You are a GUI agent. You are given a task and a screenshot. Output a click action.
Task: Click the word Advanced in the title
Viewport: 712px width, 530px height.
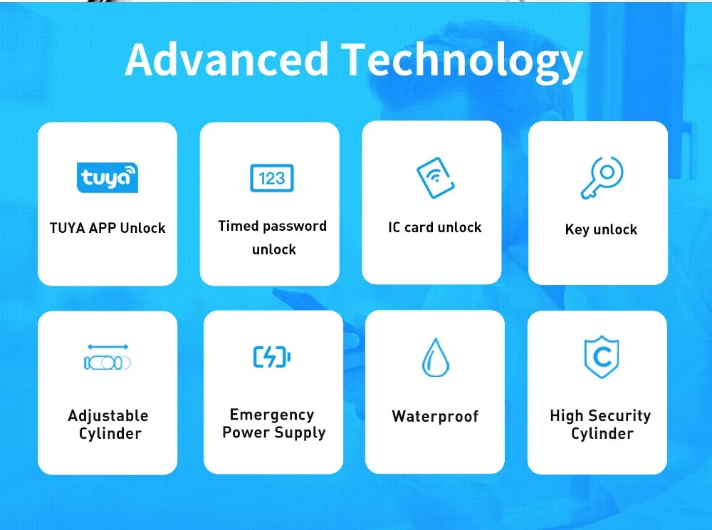tap(226, 59)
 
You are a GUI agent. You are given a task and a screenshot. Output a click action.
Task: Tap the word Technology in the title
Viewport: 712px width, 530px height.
tap(462, 62)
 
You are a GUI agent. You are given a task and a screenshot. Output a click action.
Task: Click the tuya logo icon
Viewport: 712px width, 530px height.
tap(108, 177)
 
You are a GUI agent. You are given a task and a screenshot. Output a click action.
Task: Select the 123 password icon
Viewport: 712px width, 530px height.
tap(272, 178)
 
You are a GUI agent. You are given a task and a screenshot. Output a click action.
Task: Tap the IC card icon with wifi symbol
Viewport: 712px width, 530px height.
tap(436, 177)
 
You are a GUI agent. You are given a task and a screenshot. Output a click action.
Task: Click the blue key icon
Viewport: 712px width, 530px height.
tap(602, 177)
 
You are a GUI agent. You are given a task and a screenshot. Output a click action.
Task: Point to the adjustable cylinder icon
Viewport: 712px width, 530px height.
tap(108, 357)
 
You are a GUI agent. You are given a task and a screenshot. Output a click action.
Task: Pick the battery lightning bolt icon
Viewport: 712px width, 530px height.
tap(272, 356)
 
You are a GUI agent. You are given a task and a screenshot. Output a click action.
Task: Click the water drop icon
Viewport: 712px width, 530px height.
tap(436, 358)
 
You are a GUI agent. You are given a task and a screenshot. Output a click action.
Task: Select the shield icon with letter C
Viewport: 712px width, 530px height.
tap(602, 357)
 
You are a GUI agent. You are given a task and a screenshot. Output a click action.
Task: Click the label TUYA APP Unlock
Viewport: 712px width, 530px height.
tap(108, 228)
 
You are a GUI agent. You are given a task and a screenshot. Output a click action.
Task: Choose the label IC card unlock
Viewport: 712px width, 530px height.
tap(434, 227)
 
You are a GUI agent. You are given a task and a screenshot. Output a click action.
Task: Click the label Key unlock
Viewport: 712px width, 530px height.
tap(601, 229)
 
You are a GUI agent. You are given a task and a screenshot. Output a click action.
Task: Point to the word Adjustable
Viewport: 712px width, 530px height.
tap(108, 416)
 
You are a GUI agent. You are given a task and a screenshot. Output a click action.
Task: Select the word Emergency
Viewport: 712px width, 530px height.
tap(272, 415)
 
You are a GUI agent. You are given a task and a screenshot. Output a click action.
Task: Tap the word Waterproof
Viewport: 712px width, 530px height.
tap(435, 417)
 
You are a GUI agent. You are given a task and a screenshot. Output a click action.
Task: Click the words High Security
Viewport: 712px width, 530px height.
tap(600, 416)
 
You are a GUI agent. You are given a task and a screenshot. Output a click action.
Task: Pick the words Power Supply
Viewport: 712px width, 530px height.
tap(274, 433)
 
